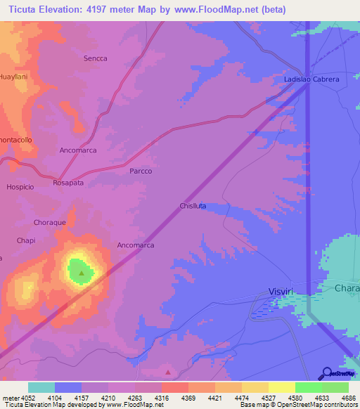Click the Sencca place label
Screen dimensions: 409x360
point(95,58)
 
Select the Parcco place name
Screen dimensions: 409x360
point(141,171)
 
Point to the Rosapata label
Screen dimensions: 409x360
point(68,183)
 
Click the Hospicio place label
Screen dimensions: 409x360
point(20,187)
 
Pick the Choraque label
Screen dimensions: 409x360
point(49,222)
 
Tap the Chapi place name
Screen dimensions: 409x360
point(25,240)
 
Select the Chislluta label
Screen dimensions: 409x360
point(192,206)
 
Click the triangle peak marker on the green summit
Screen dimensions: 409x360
point(82,273)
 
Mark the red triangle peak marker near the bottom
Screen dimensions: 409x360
point(167,372)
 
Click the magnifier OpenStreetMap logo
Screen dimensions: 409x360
point(326,373)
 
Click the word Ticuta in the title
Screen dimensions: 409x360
point(25,11)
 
